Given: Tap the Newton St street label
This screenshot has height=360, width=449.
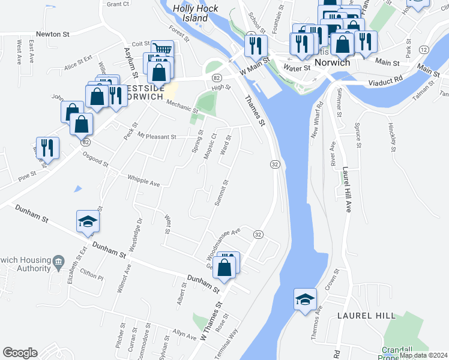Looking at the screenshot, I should pyautogui.click(x=52, y=34).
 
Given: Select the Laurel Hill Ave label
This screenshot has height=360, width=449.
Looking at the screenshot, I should pyautogui.click(x=346, y=189).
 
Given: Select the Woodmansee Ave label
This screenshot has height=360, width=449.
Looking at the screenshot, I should pyautogui.click(x=223, y=239).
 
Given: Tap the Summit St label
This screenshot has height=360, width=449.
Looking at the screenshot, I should pyautogui.click(x=221, y=194).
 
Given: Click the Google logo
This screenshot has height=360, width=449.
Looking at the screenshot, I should pyautogui.click(x=20, y=353).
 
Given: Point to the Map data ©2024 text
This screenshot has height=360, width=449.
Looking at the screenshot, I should pyautogui.click(x=423, y=355).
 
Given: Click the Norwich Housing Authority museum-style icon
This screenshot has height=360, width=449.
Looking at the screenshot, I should pyautogui.click(x=58, y=261).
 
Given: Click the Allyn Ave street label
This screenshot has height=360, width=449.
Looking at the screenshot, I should pyautogui.click(x=185, y=334).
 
